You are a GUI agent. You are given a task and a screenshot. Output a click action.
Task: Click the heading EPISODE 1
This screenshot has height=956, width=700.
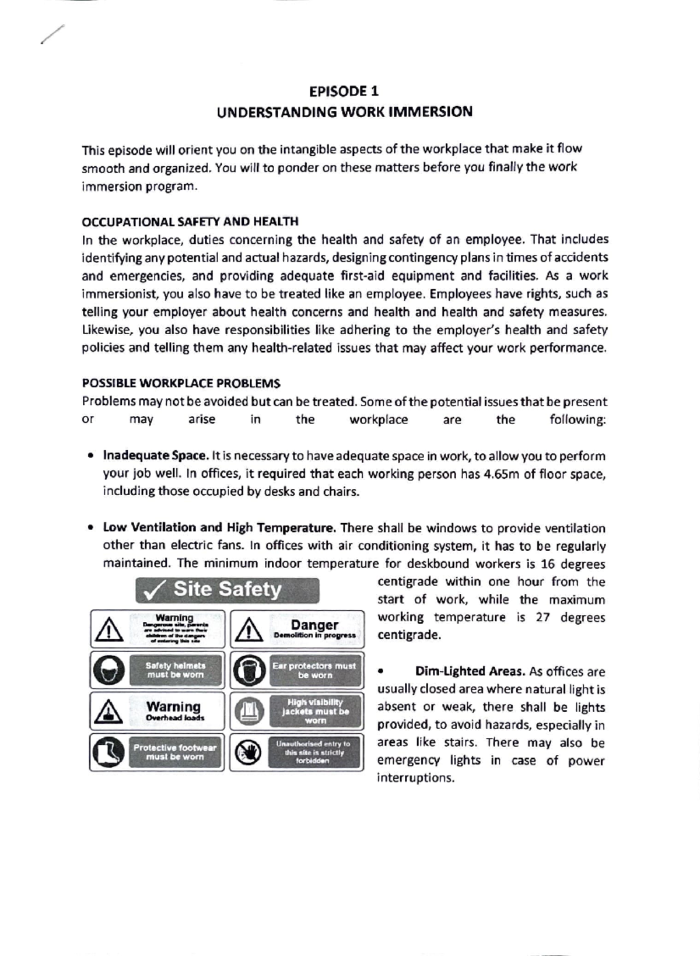click(344, 91)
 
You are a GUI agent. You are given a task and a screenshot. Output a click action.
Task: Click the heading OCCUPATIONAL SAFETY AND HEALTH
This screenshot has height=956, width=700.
click(190, 222)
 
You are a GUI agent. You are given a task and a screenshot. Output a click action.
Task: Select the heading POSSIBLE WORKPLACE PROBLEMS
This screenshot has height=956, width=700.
click(181, 383)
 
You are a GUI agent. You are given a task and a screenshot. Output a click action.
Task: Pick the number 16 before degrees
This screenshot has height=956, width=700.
click(547, 564)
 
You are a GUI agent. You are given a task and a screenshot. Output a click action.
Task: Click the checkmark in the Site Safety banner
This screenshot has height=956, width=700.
click(155, 591)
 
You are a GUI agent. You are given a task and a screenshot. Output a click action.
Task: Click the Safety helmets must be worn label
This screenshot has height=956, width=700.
click(175, 670)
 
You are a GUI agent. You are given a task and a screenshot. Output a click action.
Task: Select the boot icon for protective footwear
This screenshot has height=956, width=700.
click(108, 752)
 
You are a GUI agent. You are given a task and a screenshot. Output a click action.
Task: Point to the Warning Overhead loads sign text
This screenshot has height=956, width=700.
click(174, 710)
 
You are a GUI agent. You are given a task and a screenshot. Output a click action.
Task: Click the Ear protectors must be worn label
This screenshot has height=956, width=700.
click(314, 670)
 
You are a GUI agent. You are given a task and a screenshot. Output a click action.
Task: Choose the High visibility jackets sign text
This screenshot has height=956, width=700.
click(315, 711)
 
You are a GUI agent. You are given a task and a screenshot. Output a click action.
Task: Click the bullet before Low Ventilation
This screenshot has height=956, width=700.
click(90, 528)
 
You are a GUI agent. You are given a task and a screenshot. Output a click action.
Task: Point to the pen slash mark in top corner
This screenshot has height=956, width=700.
click(52, 34)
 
